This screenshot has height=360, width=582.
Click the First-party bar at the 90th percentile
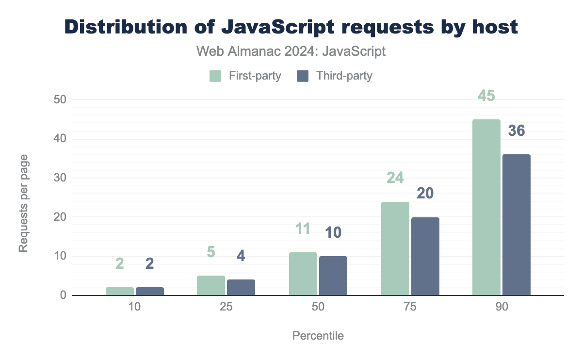point(486,207)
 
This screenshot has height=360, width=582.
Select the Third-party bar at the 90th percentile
point(516,225)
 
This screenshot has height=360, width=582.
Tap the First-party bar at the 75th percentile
point(395,248)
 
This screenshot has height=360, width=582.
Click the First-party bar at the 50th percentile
point(303,274)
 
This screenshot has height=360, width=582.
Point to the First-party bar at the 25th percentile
point(211,285)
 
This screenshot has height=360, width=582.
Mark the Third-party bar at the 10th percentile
point(149,291)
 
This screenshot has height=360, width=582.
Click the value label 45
point(486,96)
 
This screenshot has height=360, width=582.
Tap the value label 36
point(516,131)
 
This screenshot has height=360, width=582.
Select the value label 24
point(395,178)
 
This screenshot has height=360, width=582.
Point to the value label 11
point(303,229)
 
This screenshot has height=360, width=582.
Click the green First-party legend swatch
point(215,76)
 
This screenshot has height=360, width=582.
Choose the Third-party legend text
point(344,76)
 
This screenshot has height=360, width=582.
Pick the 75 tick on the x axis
point(410,309)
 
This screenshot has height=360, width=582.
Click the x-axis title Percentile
point(318,336)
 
